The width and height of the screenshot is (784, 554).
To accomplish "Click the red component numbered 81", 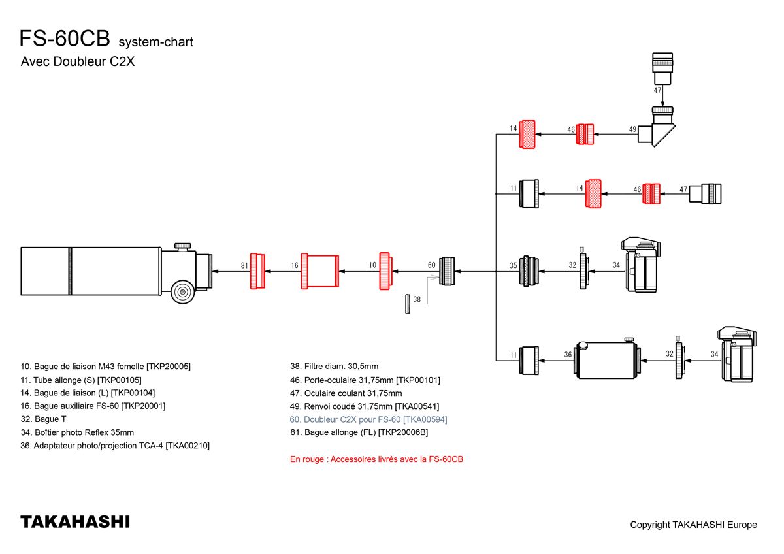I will click(258, 270).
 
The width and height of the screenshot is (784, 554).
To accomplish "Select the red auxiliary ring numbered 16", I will click(319, 270).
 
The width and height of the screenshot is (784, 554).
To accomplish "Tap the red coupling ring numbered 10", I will click(385, 270).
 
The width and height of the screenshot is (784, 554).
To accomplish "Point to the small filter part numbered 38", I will click(407, 304).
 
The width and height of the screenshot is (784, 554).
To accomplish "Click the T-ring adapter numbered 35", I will click(529, 270).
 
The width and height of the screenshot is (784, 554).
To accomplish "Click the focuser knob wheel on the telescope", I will click(182, 291).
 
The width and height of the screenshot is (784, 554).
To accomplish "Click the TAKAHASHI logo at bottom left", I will click(75, 522).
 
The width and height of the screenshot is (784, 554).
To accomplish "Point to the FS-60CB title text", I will click(64, 39).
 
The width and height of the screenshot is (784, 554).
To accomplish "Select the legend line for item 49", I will click(360, 406).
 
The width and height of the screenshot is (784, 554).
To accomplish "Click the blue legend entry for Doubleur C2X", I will click(368, 419).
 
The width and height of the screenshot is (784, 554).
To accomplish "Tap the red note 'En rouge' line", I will click(376, 459).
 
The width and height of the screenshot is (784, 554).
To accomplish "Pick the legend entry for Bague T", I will click(43, 419).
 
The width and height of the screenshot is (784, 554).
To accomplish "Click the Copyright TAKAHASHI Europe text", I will click(693, 525).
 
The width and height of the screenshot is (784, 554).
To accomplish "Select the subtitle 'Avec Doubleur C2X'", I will click(78, 63).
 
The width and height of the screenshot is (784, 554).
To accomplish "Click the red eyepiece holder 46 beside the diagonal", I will click(585, 134).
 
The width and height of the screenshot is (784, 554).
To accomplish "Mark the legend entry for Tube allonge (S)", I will click(81, 380).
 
